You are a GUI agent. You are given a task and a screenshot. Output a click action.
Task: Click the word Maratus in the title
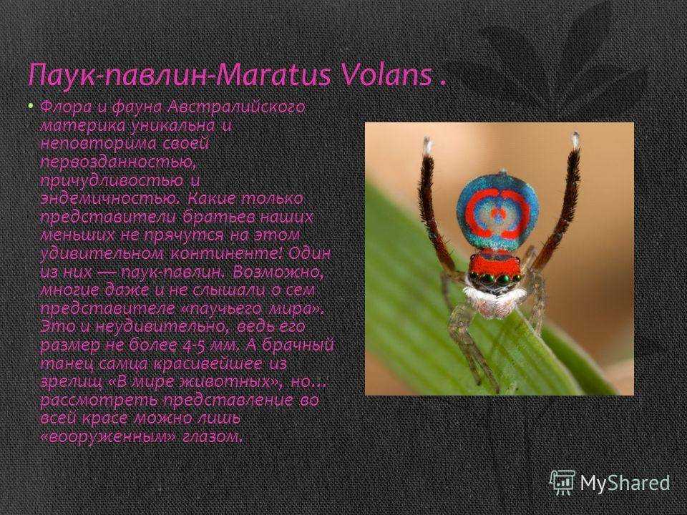273,74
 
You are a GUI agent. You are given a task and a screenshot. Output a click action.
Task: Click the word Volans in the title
385,74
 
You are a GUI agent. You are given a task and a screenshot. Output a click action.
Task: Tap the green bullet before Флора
30,106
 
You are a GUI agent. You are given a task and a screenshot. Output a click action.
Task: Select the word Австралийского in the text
237,107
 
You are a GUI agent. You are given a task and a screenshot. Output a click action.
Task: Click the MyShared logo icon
562,482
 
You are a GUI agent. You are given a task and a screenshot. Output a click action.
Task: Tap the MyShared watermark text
625,483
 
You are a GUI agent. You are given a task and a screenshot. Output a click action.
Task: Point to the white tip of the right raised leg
575,140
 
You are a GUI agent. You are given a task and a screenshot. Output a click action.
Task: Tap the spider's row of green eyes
495,278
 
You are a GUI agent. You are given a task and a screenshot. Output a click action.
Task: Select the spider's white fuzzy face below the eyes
490,300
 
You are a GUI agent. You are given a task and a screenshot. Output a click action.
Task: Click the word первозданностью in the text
118,163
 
